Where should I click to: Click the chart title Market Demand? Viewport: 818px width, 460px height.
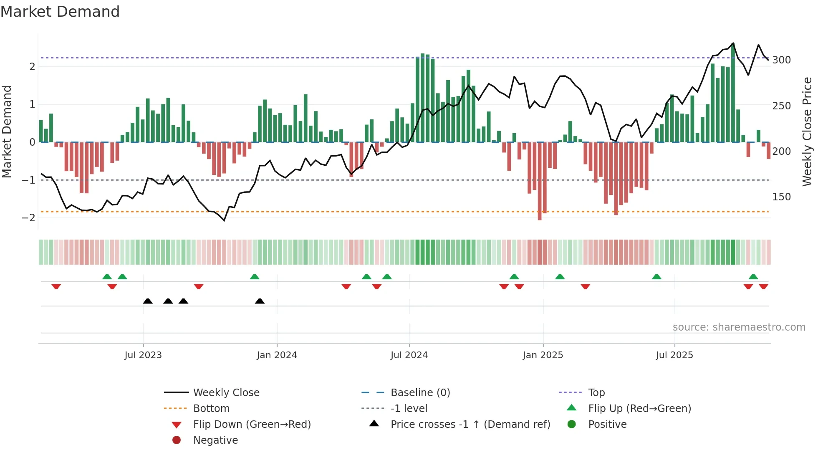(60, 12)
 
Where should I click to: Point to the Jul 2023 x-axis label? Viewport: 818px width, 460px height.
(143, 355)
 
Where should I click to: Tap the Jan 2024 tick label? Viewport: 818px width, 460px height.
(277, 355)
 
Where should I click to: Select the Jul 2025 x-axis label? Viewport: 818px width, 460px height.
(674, 355)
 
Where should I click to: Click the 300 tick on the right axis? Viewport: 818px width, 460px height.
(781, 60)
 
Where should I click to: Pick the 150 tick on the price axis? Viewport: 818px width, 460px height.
(781, 197)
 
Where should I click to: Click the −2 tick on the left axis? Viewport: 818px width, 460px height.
(29, 218)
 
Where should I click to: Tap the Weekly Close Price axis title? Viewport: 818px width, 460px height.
(807, 131)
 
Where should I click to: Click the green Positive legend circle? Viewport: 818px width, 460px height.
(572, 425)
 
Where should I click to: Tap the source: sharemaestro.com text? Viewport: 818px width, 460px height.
(739, 327)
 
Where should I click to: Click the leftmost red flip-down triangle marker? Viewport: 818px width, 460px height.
(56, 286)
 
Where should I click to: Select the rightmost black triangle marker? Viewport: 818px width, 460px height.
(260, 301)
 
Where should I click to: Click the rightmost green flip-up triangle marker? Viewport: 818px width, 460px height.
(753, 277)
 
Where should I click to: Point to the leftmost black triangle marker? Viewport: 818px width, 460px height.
(148, 301)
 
